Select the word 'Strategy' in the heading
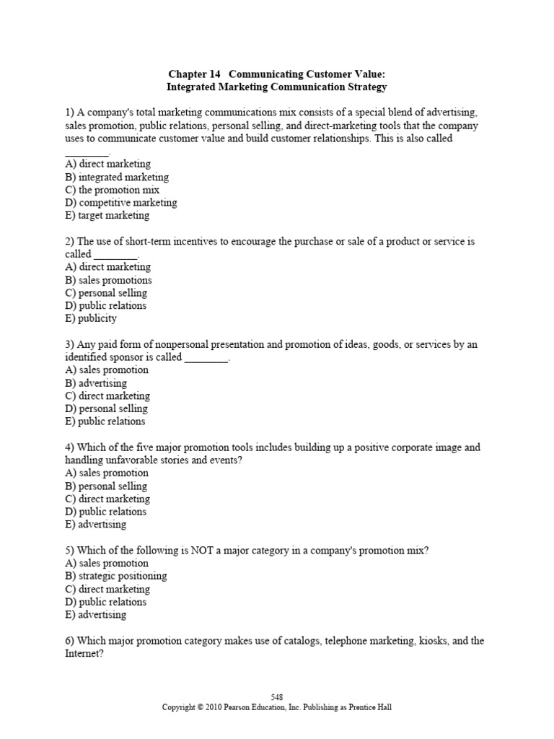pos(365,87)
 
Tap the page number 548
pos(277,697)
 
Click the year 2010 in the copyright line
pos(220,708)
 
